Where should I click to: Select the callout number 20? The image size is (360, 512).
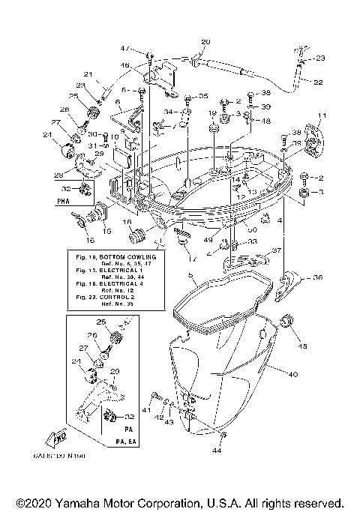(206, 41)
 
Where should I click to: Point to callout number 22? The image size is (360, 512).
(318, 82)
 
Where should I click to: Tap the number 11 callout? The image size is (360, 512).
(323, 115)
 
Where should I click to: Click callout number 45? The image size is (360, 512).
(304, 346)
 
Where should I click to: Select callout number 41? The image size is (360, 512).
(147, 411)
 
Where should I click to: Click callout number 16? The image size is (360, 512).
(90, 241)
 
